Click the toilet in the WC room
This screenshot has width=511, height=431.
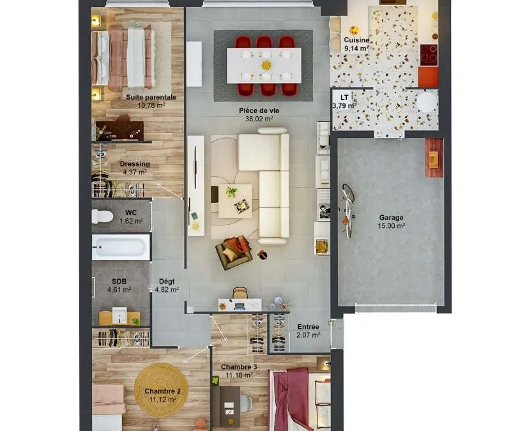[102, 216]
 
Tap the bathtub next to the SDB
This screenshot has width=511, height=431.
[121, 247]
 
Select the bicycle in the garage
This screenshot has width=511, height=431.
[347, 211]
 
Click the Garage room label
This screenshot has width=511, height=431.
[391, 217]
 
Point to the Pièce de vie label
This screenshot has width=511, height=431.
[259, 110]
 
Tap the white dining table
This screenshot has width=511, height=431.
[264, 66]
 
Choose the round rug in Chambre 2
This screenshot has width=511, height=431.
[161, 390]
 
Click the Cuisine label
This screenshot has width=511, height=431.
[356, 40]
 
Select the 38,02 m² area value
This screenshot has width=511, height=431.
[259, 119]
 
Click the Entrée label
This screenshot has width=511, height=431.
[308, 326]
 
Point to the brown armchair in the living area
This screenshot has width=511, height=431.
[233, 252]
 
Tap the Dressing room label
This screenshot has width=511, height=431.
[135, 164]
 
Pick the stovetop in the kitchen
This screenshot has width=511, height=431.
[428, 55]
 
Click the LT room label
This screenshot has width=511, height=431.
[344, 98]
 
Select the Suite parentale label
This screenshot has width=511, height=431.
[151, 97]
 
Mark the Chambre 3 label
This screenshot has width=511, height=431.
[239, 367]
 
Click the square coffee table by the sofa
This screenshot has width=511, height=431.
[235, 201]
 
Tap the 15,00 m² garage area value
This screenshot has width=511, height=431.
[391, 226]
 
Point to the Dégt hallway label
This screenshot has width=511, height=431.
[167, 281]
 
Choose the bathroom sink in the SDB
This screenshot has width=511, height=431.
[119, 315]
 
